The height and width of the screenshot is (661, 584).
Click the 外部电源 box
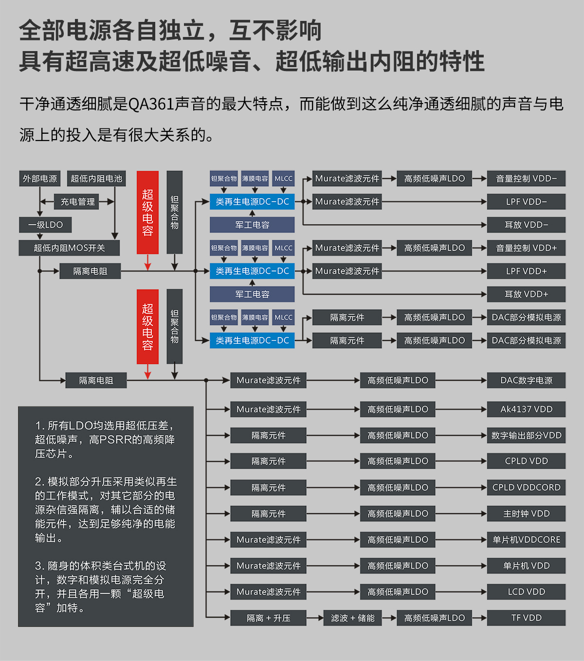click(40, 179)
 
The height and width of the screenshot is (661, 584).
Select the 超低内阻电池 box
click(96, 179)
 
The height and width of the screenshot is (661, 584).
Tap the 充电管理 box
click(78, 201)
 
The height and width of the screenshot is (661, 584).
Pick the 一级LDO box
click(46, 225)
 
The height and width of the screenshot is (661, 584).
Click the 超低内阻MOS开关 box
click(69, 248)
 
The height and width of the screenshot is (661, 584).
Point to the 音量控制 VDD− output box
click(526, 179)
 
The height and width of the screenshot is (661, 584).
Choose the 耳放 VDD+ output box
click(526, 294)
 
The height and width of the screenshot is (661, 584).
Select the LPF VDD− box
click(526, 201)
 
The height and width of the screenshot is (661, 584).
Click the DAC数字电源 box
click(526, 380)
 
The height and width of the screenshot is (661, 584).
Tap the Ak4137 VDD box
click(526, 409)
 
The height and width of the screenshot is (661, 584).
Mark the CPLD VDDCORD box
click(526, 487)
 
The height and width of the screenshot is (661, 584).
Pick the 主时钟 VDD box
click(526, 514)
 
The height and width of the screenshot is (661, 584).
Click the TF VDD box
click(526, 618)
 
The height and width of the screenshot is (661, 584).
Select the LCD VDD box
click(526, 592)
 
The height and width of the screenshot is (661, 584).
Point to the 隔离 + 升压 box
click(268, 618)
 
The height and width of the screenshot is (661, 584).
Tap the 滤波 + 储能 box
click(352, 618)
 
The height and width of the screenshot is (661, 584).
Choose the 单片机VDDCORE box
click(526, 539)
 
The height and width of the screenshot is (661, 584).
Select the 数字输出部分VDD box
click(526, 435)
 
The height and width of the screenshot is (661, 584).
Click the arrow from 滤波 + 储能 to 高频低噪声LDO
click(389, 618)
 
